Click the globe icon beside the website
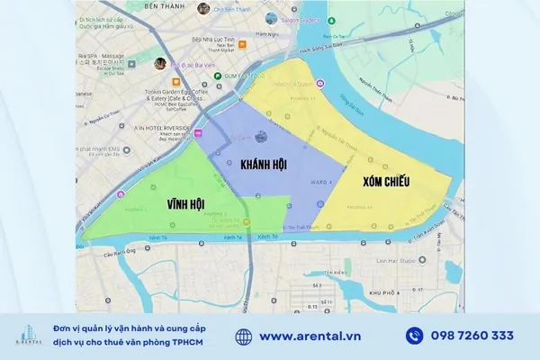pos(244,337)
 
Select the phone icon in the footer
pos(415,337)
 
